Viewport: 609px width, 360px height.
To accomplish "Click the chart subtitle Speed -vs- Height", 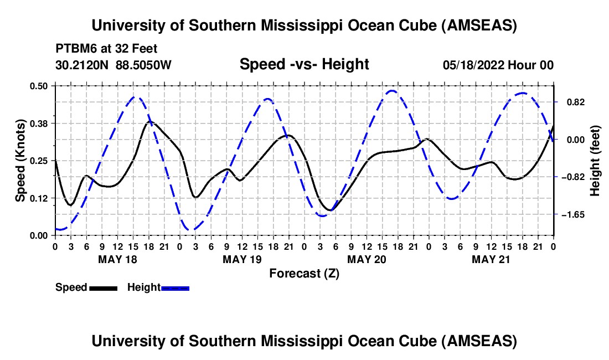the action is coord(304,64).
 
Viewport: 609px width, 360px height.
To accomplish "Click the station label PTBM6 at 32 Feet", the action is coord(106,49).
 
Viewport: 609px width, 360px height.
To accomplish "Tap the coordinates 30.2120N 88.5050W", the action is coord(113,65).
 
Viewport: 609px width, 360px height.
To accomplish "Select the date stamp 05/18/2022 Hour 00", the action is coord(498,65).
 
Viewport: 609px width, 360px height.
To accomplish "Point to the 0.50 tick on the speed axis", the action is coord(39,86).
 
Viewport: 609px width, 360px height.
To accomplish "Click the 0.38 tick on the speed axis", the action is coord(39,124).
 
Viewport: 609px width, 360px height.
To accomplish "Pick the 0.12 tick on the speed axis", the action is coord(39,198).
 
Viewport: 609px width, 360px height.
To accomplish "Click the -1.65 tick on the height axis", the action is coord(573,214).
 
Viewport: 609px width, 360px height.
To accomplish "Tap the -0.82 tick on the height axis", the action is coord(573,177).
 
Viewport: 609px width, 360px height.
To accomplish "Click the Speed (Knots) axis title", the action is coord(20,161).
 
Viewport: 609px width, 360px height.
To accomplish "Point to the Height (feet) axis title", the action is coord(595,161).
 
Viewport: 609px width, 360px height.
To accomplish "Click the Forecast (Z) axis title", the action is coord(304,274).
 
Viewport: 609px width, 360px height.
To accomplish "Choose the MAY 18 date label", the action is coord(118,259).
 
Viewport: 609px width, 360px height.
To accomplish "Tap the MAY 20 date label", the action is coord(367,259).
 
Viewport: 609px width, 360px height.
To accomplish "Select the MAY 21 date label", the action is coord(491,259).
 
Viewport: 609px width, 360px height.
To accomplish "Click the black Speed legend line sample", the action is coord(104,288).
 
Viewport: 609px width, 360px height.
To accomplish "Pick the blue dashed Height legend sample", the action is coord(175,288).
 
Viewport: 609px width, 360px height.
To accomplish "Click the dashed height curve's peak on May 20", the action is coord(392,91).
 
